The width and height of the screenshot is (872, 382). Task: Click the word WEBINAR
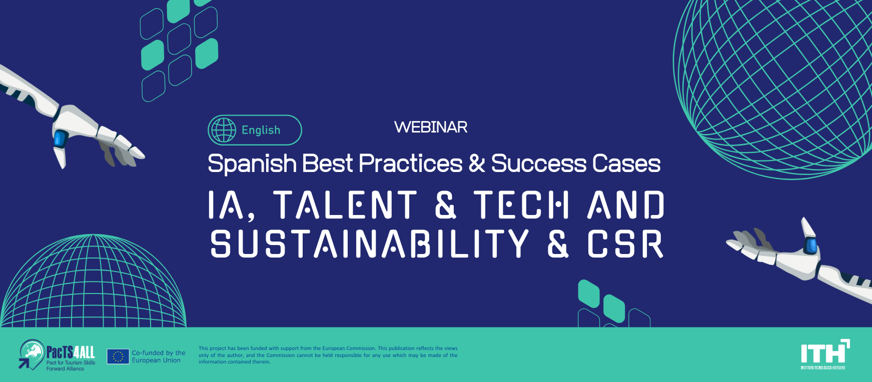tap(431, 127)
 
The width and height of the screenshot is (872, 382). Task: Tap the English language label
tap(261, 130)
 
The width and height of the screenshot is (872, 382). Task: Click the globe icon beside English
tap(223, 130)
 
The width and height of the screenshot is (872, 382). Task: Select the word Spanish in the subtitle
tap(252, 164)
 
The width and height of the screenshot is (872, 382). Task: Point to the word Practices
tap(411, 163)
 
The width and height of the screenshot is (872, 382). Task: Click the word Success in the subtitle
tap(539, 163)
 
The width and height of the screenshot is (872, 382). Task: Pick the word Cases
tap(627, 163)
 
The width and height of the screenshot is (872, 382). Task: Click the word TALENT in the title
tap(345, 204)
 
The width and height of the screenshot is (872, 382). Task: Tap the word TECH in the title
tap(522, 204)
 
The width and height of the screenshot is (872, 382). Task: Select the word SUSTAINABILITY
tap(369, 244)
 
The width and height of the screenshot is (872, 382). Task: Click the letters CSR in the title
tap(625, 244)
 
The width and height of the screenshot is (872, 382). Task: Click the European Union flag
tap(118, 356)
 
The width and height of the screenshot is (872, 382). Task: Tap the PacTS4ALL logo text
tap(71, 352)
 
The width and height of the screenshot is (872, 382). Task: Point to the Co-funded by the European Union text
tap(159, 356)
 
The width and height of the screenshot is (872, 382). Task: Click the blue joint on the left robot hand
tap(60, 138)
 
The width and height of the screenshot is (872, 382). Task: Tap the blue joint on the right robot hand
tap(810, 245)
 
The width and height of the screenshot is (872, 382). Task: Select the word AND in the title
tap(626, 204)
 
